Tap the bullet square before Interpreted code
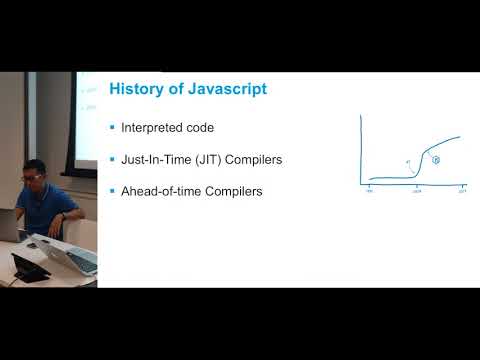(112, 128)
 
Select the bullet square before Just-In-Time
(112, 159)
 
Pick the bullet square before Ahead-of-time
(112, 190)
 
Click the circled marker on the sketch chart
(436, 160)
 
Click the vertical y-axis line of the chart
(361, 150)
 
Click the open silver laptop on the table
(70, 256)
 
